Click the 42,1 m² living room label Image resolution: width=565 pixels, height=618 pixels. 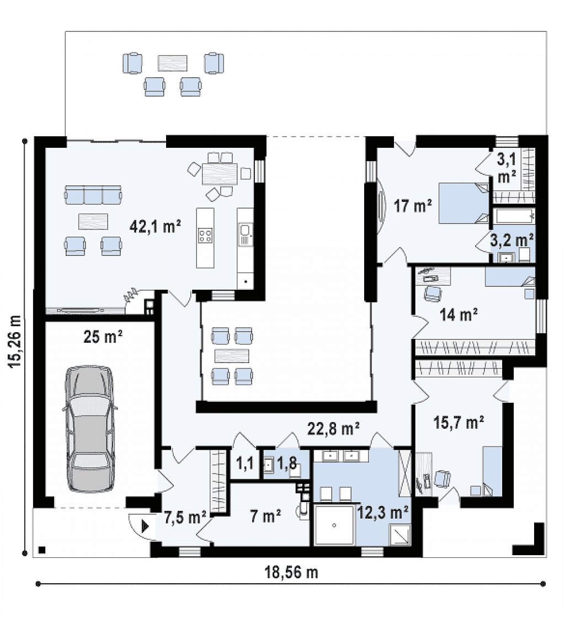click(155, 227)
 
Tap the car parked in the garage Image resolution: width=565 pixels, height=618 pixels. click(90, 429)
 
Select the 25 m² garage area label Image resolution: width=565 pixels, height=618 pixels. click(103, 337)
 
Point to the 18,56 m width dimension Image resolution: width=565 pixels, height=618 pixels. click(291, 572)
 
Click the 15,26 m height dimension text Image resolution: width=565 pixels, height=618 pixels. click(15, 342)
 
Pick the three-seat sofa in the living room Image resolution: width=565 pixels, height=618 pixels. click(93, 195)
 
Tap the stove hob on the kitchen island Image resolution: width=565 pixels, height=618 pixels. click(205, 236)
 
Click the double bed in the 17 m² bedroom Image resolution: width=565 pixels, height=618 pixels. click(464, 203)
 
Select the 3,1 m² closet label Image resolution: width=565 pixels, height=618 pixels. click(507, 168)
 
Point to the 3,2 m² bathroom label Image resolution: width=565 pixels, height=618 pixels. click(512, 239)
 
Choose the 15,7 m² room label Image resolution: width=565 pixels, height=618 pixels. click(459, 423)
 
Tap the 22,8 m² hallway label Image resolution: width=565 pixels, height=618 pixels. click(333, 428)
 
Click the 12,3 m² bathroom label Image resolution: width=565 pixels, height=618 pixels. click(382, 513)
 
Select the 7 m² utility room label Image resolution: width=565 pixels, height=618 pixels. click(265, 515)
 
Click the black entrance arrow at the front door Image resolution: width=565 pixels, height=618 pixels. click(145, 526)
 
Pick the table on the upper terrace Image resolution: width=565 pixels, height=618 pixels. click(173, 63)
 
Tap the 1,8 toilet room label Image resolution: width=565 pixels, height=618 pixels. click(287, 463)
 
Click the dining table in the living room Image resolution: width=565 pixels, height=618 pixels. click(220, 174)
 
